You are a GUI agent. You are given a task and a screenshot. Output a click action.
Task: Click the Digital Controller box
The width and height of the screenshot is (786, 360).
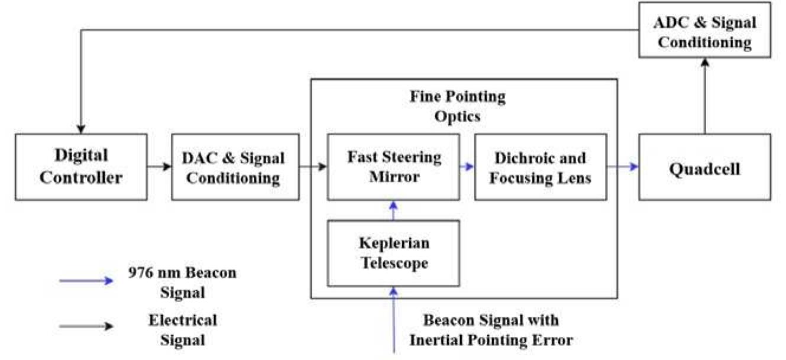click(x=81, y=167)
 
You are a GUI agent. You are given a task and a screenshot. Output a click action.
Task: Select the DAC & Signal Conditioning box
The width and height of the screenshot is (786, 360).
click(x=235, y=167)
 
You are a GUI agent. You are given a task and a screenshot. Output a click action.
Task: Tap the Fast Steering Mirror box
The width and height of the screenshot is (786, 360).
click(x=393, y=167)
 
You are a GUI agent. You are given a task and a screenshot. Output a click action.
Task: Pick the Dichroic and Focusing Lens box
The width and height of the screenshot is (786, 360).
click(x=541, y=167)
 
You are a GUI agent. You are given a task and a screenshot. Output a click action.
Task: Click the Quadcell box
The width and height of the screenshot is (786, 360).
click(x=704, y=168)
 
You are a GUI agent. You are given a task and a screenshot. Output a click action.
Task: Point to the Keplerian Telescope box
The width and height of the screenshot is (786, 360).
click(x=393, y=253)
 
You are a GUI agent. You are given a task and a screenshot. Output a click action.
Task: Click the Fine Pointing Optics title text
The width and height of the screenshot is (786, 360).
click(x=458, y=105)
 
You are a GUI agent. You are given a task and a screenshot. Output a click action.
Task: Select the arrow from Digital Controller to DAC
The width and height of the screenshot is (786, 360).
click(x=159, y=167)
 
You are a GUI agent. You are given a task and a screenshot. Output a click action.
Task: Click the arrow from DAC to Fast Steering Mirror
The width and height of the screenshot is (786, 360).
click(x=313, y=167)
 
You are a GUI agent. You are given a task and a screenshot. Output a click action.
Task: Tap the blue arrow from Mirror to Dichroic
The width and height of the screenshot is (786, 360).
click(x=467, y=167)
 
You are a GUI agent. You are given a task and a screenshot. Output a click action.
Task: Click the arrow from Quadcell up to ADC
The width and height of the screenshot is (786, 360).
click(x=704, y=95)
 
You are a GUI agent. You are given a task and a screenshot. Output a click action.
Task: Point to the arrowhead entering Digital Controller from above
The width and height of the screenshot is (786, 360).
click(x=81, y=128)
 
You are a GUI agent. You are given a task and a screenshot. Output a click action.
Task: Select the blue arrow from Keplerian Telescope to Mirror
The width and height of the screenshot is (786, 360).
click(x=393, y=210)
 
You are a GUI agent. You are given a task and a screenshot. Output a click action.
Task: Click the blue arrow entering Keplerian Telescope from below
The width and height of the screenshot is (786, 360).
click(x=393, y=319)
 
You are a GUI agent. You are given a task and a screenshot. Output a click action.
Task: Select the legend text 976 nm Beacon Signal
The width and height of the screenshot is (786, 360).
click(x=182, y=282)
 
